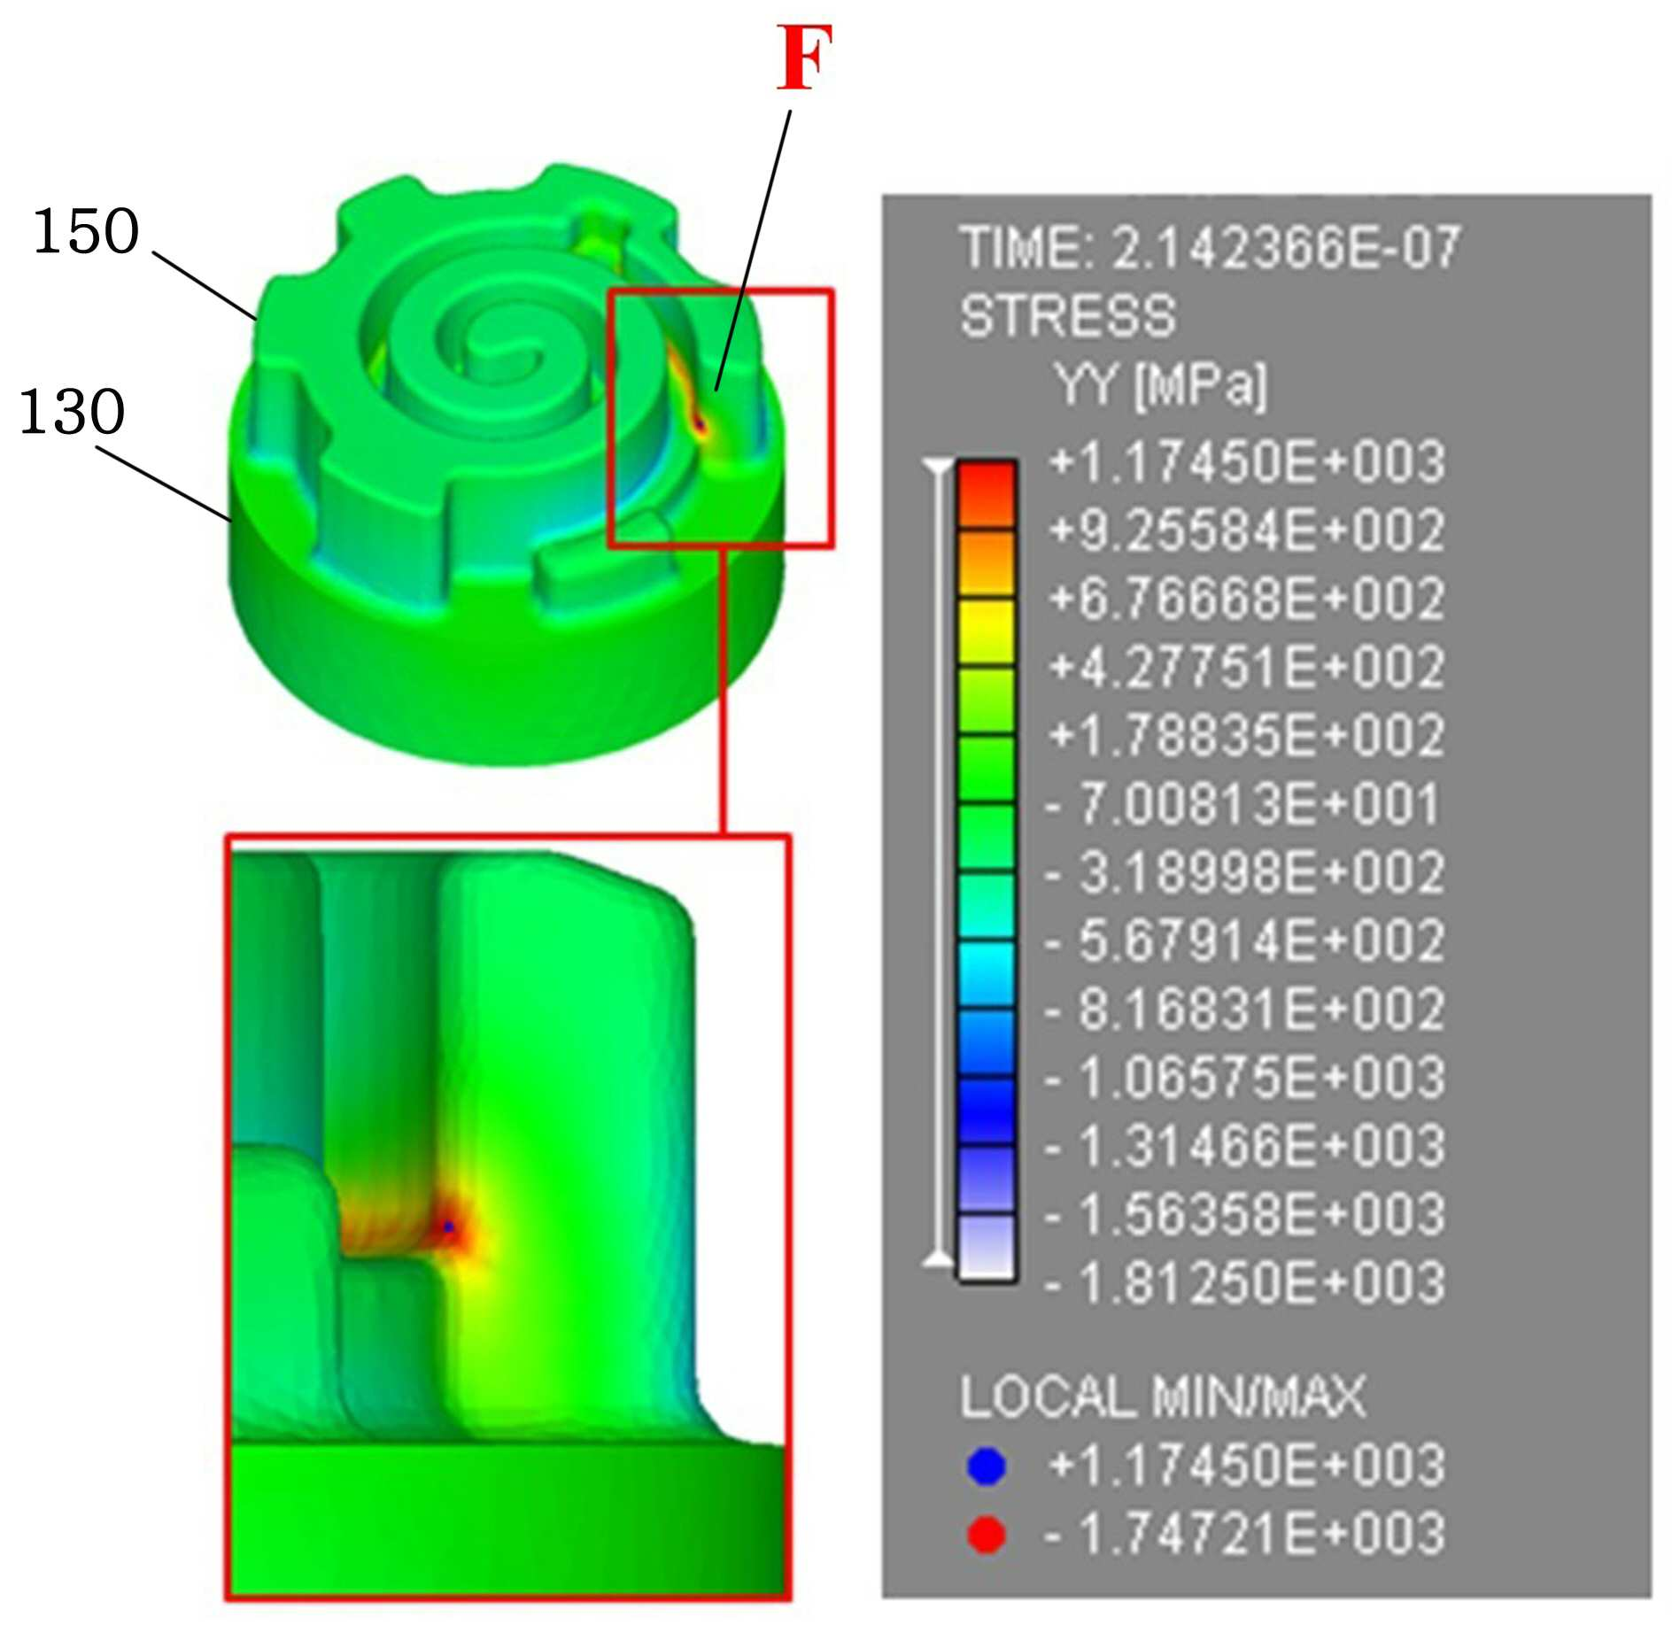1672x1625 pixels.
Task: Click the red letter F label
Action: pos(804,58)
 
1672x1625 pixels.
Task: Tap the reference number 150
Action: pos(86,232)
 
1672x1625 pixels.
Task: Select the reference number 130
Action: pos(72,412)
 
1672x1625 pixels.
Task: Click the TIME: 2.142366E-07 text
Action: pos(1210,248)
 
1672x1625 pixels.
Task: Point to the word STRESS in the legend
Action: pos(1068,316)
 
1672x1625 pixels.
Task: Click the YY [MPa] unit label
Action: pos(1161,385)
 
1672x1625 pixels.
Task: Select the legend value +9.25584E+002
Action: pos(1247,530)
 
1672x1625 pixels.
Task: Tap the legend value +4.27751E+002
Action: pos(1247,667)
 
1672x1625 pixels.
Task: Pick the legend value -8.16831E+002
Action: pos(1244,1009)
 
